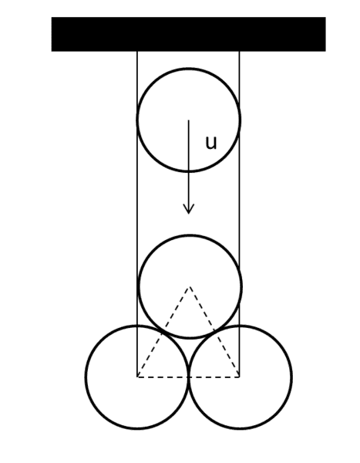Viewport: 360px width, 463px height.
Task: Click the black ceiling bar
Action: click(x=189, y=34)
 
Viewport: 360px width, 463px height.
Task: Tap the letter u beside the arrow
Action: click(x=211, y=143)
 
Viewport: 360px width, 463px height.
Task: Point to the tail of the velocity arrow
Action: click(x=189, y=120)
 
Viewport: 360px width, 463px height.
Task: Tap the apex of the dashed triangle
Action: click(x=190, y=287)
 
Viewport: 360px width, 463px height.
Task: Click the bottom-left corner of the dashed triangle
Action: click(x=137, y=377)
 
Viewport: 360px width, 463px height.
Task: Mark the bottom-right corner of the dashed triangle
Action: click(x=239, y=377)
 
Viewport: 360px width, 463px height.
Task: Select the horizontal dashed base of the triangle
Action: click(x=188, y=377)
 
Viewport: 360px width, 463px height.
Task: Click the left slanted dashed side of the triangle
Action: click(x=163, y=332)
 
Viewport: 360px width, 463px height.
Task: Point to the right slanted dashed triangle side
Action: click(x=214, y=332)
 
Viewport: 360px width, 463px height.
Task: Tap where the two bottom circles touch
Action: click(x=189, y=377)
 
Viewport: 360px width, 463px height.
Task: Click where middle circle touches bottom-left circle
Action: click(x=163, y=332)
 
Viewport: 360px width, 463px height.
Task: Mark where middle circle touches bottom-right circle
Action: click(x=215, y=332)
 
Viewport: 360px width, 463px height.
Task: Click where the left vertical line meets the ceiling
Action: click(x=137, y=52)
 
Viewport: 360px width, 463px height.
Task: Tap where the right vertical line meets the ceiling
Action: click(x=239, y=52)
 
